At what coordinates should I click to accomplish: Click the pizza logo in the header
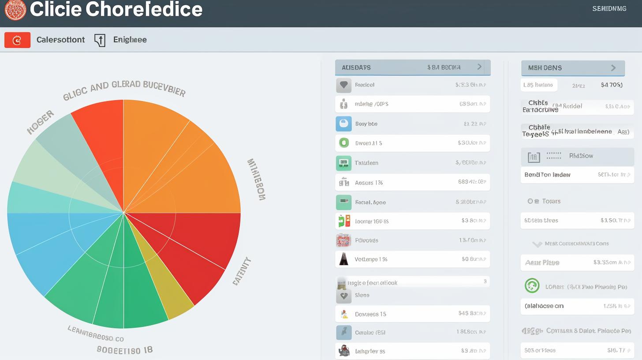[15, 9]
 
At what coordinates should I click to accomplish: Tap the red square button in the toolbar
[17, 40]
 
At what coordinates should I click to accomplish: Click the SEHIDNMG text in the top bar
[609, 8]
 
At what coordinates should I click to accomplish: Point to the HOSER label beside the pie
[41, 122]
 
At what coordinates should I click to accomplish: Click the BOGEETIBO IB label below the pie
[125, 350]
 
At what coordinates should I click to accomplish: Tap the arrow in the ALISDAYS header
[480, 67]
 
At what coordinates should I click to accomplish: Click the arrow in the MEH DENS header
[613, 68]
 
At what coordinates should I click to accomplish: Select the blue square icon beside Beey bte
[343, 124]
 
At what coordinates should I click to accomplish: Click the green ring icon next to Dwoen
[343, 143]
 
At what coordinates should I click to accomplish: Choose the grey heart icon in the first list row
[343, 85]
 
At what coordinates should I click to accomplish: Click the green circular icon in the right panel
[532, 286]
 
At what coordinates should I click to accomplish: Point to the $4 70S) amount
[612, 85]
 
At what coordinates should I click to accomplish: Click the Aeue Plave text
[542, 262]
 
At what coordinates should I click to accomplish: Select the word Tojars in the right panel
[551, 201]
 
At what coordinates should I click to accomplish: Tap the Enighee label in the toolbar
[130, 40]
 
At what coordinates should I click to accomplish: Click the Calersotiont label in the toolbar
[60, 40]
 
